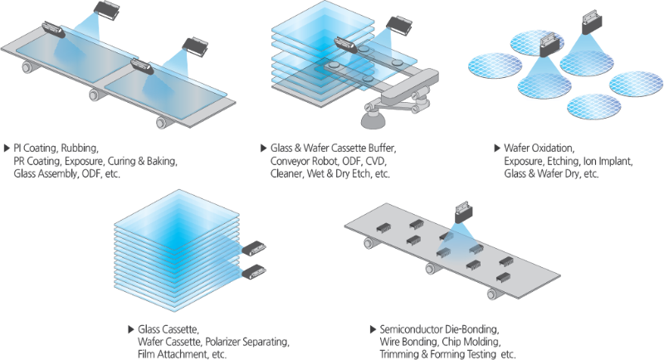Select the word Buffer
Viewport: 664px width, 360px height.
(x=382, y=148)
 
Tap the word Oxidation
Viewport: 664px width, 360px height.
(x=553, y=148)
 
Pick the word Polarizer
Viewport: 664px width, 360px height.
(x=223, y=342)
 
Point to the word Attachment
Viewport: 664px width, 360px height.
(x=182, y=354)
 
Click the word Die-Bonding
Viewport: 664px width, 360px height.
(x=473, y=329)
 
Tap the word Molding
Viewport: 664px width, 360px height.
(x=482, y=342)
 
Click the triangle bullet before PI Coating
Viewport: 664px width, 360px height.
(x=7, y=148)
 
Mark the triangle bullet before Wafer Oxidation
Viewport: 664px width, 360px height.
(x=497, y=148)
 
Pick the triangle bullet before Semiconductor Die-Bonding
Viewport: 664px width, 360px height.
(x=373, y=329)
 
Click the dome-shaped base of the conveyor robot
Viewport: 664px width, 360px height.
(x=373, y=120)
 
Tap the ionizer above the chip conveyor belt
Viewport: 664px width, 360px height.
(x=464, y=213)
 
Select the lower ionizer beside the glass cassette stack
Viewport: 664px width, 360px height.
(x=253, y=271)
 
